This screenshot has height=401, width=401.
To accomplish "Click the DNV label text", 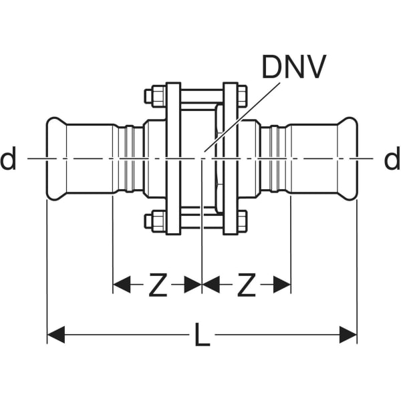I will pos(293,67).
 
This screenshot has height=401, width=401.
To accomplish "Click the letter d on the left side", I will pos(9,160).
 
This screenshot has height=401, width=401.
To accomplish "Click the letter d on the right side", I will pos(391,160).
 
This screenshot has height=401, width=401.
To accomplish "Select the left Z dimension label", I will pos(156,285).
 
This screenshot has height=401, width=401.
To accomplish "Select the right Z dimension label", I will pos(247,285).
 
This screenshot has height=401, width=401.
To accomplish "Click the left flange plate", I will pos(173,158).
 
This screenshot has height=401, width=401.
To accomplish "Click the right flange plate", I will pos(230,158).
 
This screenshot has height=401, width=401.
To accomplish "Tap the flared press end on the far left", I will pos(55,159).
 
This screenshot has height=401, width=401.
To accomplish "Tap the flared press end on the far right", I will pos(348,159).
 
